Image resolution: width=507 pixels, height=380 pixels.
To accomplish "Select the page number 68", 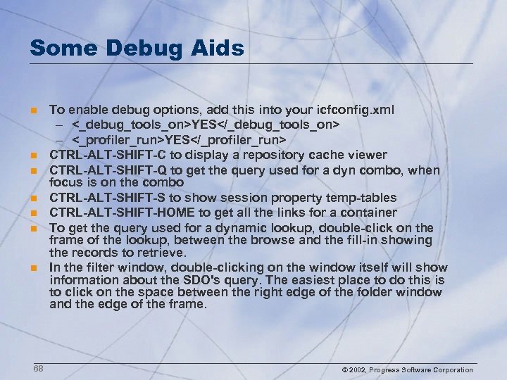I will (x=37, y=369).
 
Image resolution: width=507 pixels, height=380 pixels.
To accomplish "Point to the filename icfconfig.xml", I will (x=358, y=110).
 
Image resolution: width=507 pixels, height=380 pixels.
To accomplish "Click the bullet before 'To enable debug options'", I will (x=32, y=110).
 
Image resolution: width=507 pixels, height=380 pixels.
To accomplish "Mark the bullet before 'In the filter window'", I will (x=32, y=268).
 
